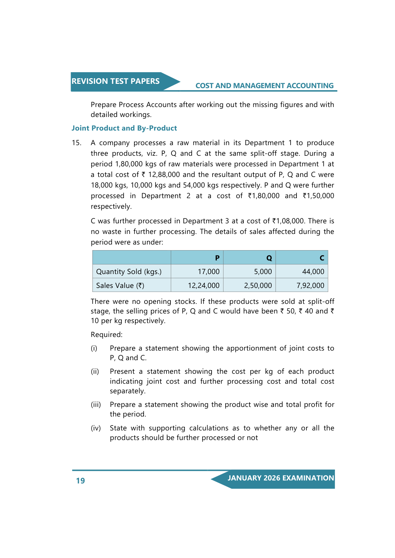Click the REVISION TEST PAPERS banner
point(115,82)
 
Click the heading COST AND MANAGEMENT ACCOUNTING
point(264,86)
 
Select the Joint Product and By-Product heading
point(124,128)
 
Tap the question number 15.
point(76,143)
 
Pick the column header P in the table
point(217,258)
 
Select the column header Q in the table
point(269,258)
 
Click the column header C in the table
point(322,258)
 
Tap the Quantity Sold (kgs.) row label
point(129,272)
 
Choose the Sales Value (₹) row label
point(120,286)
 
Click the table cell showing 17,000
point(209,272)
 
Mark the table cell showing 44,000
point(313,272)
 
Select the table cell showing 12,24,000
point(204,286)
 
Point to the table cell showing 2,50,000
point(258,286)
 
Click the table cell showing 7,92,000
point(310,286)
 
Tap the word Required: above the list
point(106,335)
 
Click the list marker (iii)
point(96,405)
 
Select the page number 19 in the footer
point(81,481)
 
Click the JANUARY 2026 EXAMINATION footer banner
point(281,478)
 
